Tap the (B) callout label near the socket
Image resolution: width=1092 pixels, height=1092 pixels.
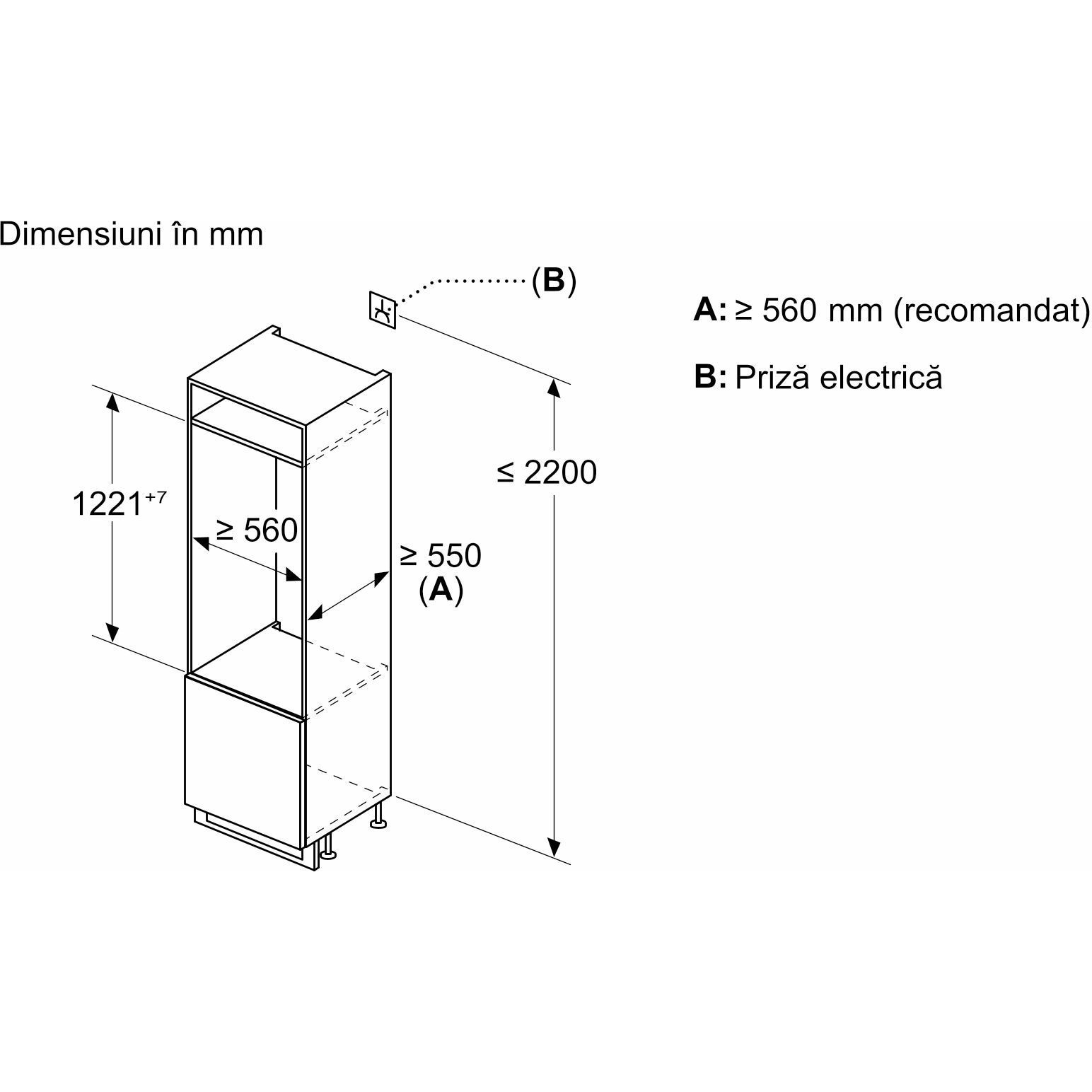click(x=554, y=281)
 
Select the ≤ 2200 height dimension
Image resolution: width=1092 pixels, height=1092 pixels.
click(x=547, y=472)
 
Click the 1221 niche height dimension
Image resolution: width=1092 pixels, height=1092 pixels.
click(x=108, y=504)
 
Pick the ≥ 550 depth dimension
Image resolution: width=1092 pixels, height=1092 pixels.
click(x=440, y=555)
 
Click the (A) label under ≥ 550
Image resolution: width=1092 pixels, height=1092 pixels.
click(x=441, y=589)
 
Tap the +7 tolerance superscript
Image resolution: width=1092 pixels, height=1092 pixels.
click(x=156, y=497)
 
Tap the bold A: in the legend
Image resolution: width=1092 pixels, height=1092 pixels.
click(x=709, y=310)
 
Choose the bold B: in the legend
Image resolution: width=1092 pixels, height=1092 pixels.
click(x=710, y=376)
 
